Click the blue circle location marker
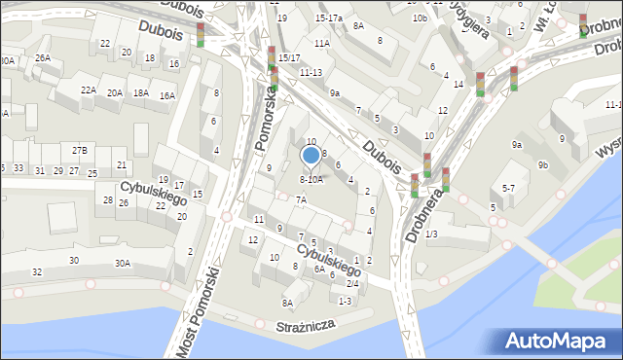tap(311, 155)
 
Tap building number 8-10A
tap(311, 179)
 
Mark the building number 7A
tap(302, 199)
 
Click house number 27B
tap(80, 150)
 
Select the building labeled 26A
tap(43, 57)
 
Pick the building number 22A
tap(89, 90)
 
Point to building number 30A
tap(123, 263)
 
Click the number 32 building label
tap(37, 271)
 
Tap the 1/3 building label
tap(431, 234)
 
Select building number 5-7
tap(508, 187)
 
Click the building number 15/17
tap(289, 58)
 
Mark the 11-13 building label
tap(311, 72)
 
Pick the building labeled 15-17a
tap(329, 18)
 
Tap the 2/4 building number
tap(352, 283)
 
